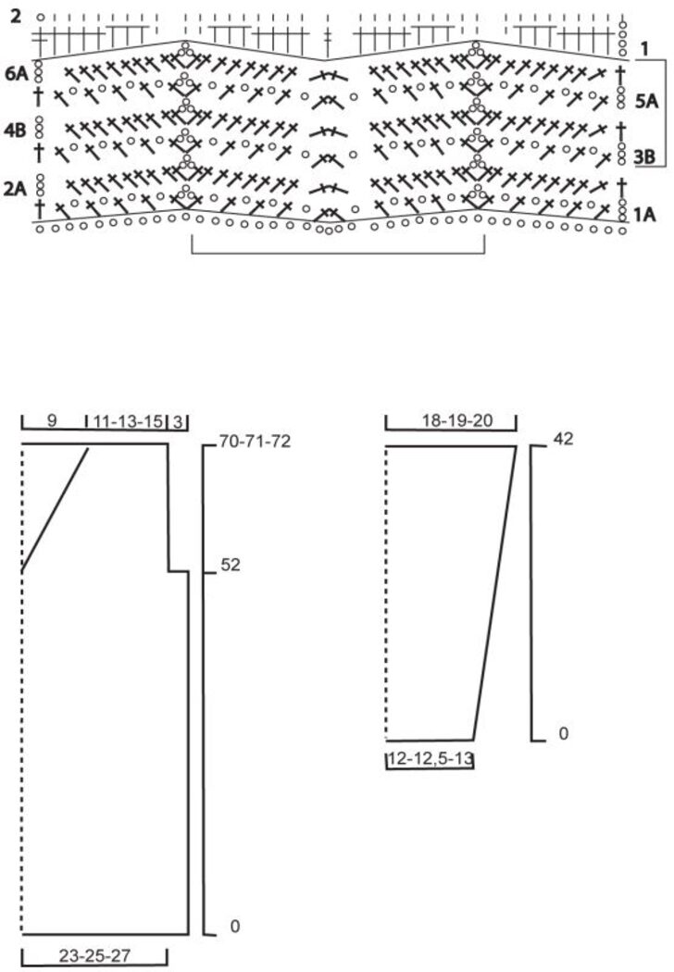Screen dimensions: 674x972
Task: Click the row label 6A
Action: [16, 74]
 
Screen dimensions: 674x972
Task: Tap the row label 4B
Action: [16, 131]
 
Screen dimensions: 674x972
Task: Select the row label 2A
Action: [16, 189]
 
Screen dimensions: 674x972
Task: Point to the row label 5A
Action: [646, 102]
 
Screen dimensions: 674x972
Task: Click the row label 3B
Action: [645, 156]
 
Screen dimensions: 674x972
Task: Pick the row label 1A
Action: [645, 215]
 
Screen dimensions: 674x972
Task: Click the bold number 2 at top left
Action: [16, 16]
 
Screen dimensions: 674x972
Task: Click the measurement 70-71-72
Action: [255, 442]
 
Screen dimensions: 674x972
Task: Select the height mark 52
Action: [230, 566]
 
